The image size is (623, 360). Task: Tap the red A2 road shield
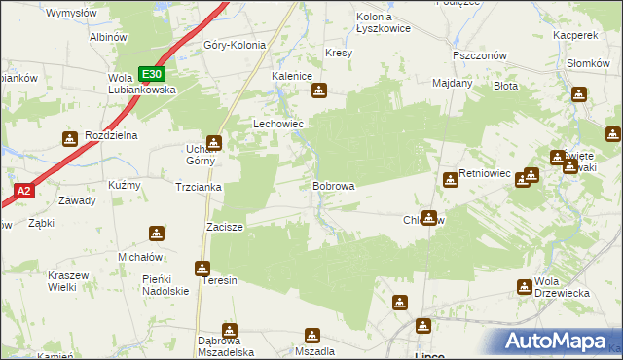24,192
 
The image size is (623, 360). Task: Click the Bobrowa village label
333,185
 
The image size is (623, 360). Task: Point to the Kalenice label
291,75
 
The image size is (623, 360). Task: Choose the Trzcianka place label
199,187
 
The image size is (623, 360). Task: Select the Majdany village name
452,83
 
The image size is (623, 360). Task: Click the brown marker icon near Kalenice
319,91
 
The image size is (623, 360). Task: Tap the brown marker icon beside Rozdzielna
69,139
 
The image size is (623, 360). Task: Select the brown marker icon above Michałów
157,234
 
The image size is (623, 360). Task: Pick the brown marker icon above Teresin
202,268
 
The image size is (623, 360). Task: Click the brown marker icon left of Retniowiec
450,179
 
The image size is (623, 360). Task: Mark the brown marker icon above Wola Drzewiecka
525,286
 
